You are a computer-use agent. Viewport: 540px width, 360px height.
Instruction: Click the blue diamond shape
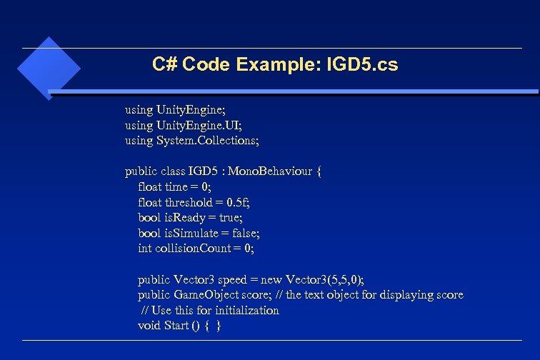point(47,68)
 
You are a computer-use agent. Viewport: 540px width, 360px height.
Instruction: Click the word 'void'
point(149,326)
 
